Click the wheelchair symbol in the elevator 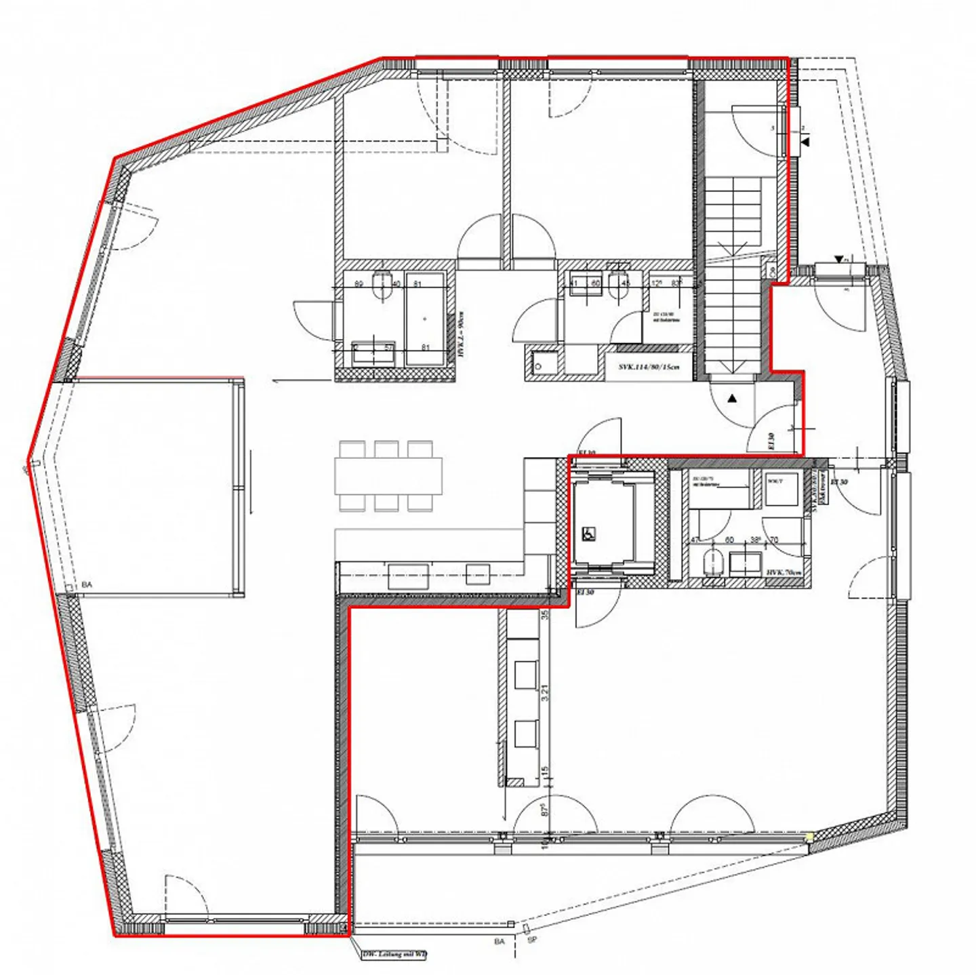click(588, 534)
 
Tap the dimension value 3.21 click(544, 692)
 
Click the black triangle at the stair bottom click(732, 399)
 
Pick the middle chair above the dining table click(386, 449)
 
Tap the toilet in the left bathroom click(383, 285)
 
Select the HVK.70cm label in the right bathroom click(784, 573)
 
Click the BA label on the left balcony click(87, 584)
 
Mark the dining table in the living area click(388, 476)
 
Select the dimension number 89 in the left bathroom click(359, 284)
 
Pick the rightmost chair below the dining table click(420, 502)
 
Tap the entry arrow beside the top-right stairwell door click(806, 142)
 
